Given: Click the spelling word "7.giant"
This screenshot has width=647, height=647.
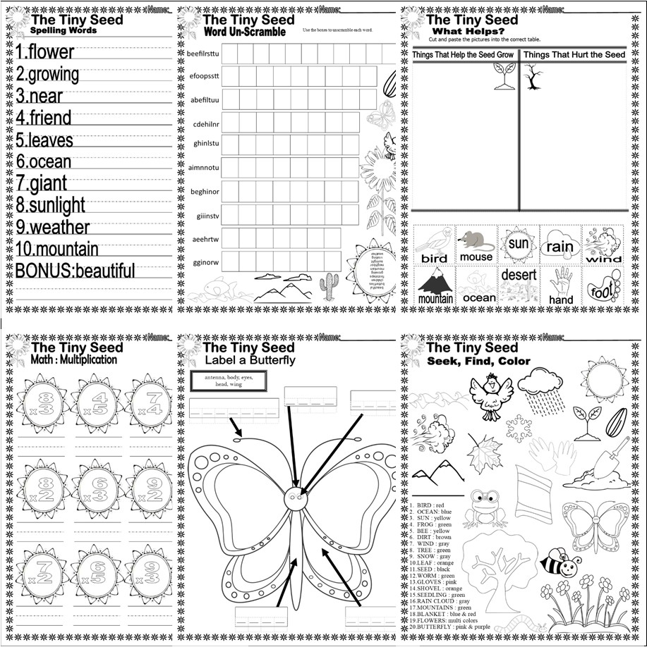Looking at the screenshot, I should (x=42, y=183).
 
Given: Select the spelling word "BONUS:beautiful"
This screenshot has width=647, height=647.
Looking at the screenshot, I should (x=75, y=271).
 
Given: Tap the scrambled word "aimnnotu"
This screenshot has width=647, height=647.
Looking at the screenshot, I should (x=205, y=168).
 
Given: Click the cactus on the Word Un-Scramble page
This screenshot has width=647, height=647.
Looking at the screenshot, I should (x=329, y=285).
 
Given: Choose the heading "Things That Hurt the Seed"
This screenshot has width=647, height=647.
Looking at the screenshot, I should (x=574, y=55).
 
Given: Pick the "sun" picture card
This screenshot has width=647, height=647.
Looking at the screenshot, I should (x=518, y=244).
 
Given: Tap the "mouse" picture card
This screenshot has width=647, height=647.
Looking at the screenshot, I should (x=476, y=244).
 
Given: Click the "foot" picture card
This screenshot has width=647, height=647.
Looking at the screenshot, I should (x=603, y=285).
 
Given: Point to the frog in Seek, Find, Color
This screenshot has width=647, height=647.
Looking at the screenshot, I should (x=485, y=507).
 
